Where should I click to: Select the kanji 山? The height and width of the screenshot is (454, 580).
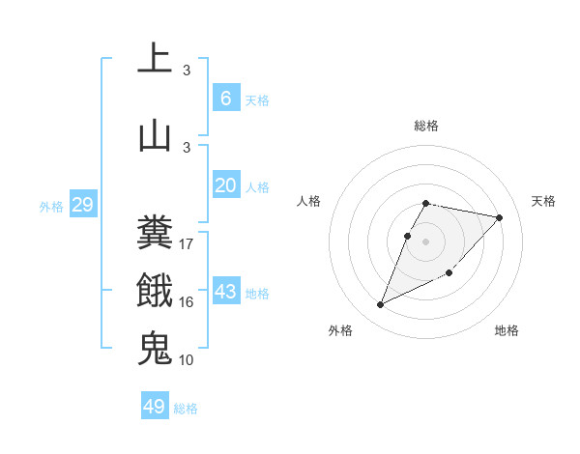pyautogui.click(x=155, y=134)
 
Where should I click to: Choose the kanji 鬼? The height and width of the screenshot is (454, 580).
pyautogui.click(x=155, y=348)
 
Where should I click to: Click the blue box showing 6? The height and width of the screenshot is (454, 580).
pyautogui.click(x=225, y=99)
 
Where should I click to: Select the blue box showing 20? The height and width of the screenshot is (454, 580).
pyautogui.click(x=225, y=186)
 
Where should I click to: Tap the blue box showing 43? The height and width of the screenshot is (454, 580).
pyautogui.click(x=225, y=293)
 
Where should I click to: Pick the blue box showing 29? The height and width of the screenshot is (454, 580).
pyautogui.click(x=82, y=205)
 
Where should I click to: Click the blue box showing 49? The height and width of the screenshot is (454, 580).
pyautogui.click(x=155, y=407)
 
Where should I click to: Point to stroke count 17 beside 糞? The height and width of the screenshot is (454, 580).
pyautogui.click(x=187, y=244)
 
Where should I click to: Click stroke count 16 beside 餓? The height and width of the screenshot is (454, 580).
pyautogui.click(x=187, y=302)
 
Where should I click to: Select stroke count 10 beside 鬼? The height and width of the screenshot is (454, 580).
pyautogui.click(x=187, y=360)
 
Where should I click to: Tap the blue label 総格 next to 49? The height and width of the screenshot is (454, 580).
pyautogui.click(x=186, y=409)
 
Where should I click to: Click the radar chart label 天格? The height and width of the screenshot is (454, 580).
pyautogui.click(x=543, y=201)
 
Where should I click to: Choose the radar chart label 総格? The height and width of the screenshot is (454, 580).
pyautogui.click(x=426, y=126)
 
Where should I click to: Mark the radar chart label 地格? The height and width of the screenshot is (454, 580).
pyautogui.click(x=507, y=330)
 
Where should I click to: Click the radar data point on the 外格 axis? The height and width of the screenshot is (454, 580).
pyautogui.click(x=381, y=305)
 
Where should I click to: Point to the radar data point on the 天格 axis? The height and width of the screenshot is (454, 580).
pyautogui.click(x=500, y=217)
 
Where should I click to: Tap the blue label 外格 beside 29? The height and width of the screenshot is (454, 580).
pyautogui.click(x=51, y=207)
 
